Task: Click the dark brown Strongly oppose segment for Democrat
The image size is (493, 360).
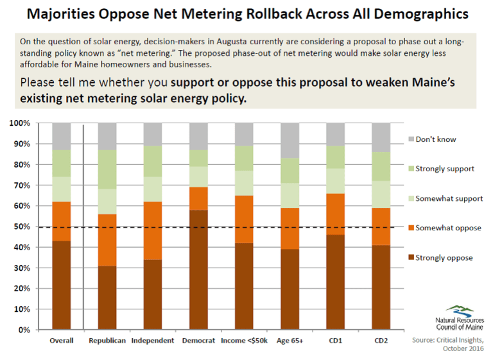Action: point(198,270)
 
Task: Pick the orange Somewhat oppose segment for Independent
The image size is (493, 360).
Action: point(153,230)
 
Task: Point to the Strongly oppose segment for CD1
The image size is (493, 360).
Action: point(335,282)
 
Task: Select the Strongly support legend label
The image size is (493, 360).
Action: point(445,169)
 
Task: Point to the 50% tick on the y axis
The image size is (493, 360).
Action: point(21,227)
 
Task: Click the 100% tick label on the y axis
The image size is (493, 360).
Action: point(19,123)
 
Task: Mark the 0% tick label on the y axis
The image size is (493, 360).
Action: point(23,330)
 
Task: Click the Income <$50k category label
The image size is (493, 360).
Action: point(245,341)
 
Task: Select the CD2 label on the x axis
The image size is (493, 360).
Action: point(381,341)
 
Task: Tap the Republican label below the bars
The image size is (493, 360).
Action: point(107,341)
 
